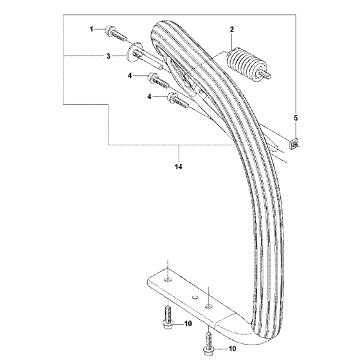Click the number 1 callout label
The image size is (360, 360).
91,29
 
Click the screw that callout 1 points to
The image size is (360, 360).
116,33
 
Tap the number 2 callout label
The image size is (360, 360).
232,30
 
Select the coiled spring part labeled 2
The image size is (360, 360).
245,65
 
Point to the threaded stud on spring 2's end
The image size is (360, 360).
267,75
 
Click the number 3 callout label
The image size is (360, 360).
109,56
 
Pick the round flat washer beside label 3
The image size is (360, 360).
134,52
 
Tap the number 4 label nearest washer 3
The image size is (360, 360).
130,76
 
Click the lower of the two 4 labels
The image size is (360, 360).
149,97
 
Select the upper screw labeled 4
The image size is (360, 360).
158,82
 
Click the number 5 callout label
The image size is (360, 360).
296,118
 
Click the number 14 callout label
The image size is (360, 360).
179,166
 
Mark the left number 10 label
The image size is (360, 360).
188,323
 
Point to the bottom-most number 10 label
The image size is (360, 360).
232,348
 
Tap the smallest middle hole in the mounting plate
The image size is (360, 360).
195,297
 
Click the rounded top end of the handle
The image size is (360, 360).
161,27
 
